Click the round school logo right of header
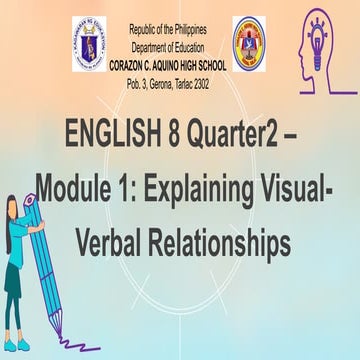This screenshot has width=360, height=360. [x=249, y=40]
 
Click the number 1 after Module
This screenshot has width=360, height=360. [x=123, y=187]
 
